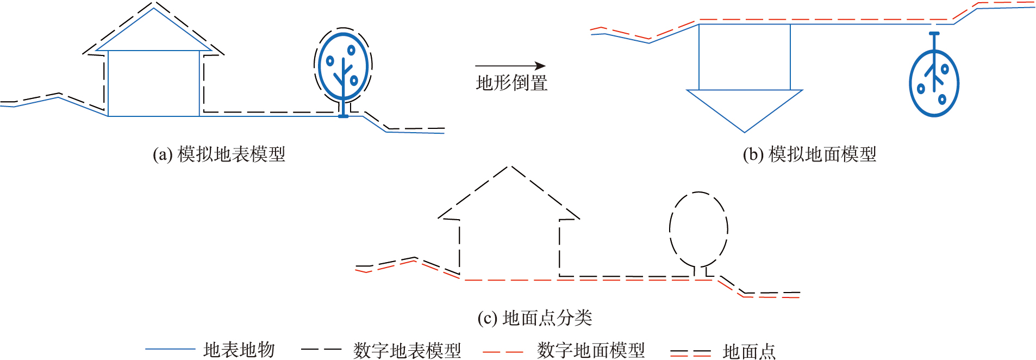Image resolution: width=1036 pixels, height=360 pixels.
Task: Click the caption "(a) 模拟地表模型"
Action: click(219, 154)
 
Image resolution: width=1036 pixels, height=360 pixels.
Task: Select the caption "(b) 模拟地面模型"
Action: click(809, 154)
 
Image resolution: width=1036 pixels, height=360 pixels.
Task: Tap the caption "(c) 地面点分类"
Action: click(535, 318)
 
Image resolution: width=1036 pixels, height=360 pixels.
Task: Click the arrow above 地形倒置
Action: click(510, 66)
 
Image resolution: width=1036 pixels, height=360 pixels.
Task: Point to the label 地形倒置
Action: click(511, 83)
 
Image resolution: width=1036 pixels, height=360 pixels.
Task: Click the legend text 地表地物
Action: click(239, 350)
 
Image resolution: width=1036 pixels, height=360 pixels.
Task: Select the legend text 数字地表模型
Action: click(407, 350)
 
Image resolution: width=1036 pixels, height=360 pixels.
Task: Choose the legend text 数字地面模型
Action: click(591, 350)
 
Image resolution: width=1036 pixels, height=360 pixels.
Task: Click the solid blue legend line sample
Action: click(170, 349)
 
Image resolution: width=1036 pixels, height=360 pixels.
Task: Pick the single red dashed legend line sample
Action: click(503, 352)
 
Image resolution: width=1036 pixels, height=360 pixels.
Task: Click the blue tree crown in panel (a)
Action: click(344, 66)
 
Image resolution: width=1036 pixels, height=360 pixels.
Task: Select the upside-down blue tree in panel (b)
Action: click(934, 82)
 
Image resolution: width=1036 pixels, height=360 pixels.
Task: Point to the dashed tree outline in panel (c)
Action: click(698, 228)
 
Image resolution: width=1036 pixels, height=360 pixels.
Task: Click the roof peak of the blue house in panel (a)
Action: click(154, 9)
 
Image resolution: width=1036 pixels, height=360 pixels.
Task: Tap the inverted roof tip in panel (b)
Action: click(745, 131)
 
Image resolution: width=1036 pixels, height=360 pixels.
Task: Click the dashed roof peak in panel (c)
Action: click(509, 167)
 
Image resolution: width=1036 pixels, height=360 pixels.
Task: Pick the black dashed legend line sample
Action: click(321, 349)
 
